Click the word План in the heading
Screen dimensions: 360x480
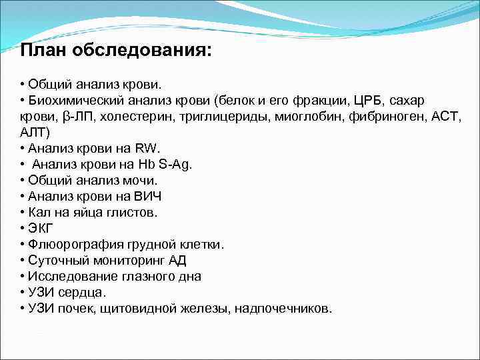(42, 51)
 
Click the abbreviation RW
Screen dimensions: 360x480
(147, 149)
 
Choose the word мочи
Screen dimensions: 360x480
(141, 181)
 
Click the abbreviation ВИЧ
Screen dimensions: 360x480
(147, 197)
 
